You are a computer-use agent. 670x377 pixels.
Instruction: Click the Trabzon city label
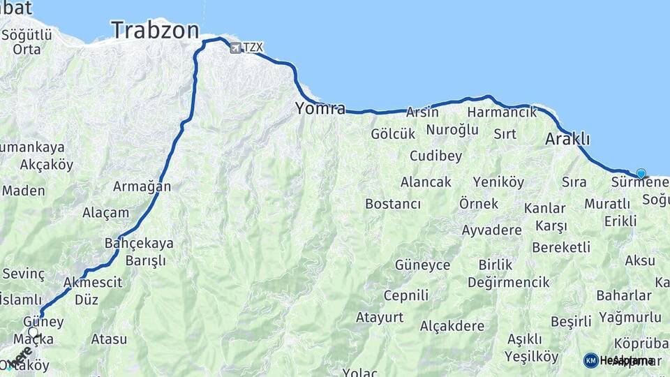coord(155,30)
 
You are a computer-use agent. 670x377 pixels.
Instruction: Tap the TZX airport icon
coord(234,47)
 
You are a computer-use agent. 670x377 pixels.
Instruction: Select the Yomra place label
coord(320,108)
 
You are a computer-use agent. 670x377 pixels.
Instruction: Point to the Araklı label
coord(567,139)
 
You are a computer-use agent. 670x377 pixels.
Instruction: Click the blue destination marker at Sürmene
coord(641,173)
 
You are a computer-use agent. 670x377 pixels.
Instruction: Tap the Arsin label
coord(422,112)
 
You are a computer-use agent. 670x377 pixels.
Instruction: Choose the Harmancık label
coord(502,112)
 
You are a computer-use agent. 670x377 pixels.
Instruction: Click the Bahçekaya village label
coord(138,244)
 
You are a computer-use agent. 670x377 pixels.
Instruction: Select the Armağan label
coord(142,186)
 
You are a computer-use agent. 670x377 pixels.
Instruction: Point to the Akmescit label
coord(92,283)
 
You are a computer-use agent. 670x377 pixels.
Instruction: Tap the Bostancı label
coord(393,204)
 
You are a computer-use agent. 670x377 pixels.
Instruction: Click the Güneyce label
coord(422,265)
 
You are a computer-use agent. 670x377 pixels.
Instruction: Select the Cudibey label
coord(435,156)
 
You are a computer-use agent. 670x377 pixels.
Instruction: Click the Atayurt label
coord(380,318)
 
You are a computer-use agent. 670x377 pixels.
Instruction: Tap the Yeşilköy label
coord(533,357)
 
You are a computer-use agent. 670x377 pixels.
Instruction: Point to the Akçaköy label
coord(47,165)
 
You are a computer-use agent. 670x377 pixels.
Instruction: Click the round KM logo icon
coord(590,360)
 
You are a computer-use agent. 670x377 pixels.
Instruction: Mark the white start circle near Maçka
coord(33,332)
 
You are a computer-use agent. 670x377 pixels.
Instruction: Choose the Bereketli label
coord(561,247)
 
